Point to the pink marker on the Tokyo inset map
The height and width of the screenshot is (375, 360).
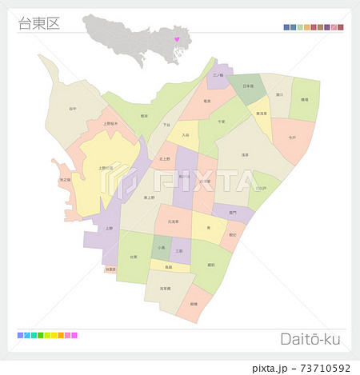click(x=177, y=32)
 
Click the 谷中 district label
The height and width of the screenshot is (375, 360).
click(x=73, y=109)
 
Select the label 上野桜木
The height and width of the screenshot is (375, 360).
click(x=111, y=124)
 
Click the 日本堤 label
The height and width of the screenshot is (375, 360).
click(x=247, y=86)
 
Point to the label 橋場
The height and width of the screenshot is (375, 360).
click(x=304, y=99)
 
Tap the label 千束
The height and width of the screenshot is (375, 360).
click(x=221, y=122)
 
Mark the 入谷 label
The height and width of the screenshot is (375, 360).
click(x=185, y=135)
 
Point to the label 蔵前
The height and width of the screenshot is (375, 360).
click(x=210, y=263)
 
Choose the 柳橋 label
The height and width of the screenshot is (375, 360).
click(x=194, y=304)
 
